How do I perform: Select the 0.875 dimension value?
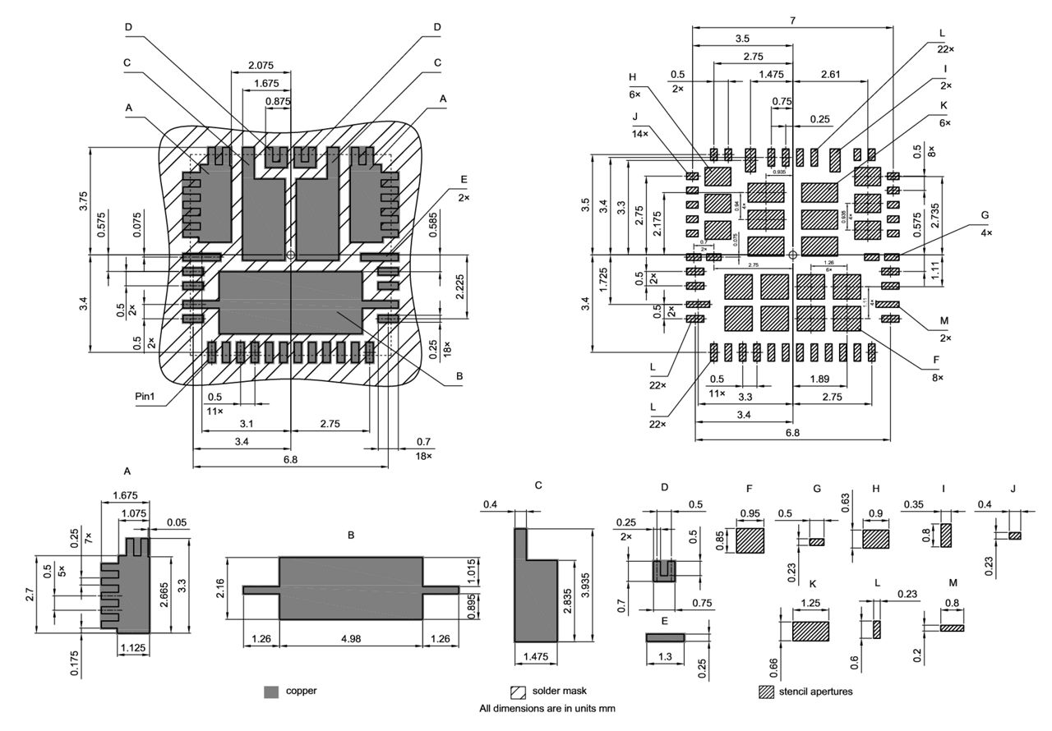coord(277,101)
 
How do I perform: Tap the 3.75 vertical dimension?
coord(84,201)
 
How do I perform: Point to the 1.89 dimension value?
coord(819,379)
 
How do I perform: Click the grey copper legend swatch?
coord(272,692)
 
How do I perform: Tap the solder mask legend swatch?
coord(519,692)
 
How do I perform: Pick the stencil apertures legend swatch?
coord(766,692)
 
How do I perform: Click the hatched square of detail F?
coord(750,540)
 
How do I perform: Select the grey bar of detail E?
coord(665,637)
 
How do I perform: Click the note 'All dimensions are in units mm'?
coord(547,708)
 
